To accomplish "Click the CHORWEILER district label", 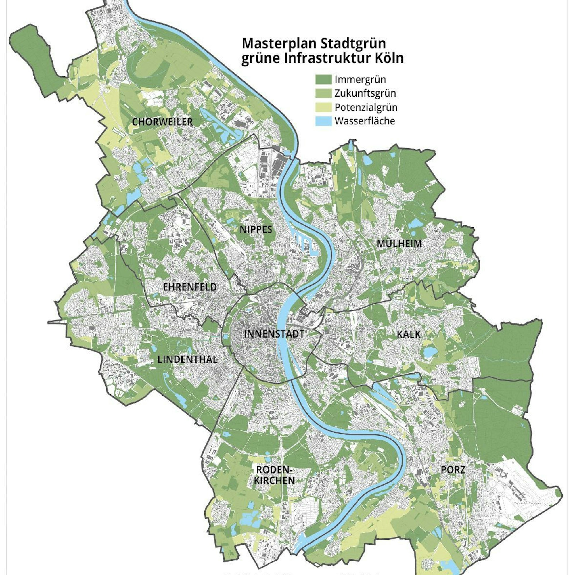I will (x=162, y=122).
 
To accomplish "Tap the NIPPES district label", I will (x=256, y=229).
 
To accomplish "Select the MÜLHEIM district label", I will (x=399, y=244).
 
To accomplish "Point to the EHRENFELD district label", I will (x=189, y=287).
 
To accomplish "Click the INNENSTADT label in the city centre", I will (x=274, y=334).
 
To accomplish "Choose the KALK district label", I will (x=409, y=335).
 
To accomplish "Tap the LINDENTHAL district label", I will (x=187, y=360).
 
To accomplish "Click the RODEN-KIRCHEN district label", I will (x=274, y=475).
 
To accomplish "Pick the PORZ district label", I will (x=453, y=470).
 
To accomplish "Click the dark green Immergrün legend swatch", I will (x=323, y=79).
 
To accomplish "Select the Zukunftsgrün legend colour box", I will (x=323, y=93).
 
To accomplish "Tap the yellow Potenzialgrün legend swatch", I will (x=323, y=107).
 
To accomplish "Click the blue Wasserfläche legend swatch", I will (x=323, y=121).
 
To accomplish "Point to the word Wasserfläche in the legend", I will (x=365, y=121).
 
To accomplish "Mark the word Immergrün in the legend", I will (x=360, y=79).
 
